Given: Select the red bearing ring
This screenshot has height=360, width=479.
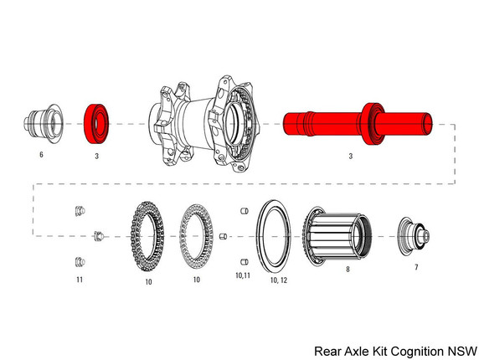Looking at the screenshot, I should coord(96,124).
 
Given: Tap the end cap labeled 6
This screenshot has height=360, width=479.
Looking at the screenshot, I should coord(41,126).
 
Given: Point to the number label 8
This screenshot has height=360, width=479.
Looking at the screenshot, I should coord(348,270).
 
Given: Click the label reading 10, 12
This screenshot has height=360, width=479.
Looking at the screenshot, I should coord(281,280).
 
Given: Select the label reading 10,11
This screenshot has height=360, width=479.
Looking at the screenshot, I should coord(243,275).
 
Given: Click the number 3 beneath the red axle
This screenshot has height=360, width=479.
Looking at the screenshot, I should coord(350,156).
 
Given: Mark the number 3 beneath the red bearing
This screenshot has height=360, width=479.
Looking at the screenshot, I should coord(97,156).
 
